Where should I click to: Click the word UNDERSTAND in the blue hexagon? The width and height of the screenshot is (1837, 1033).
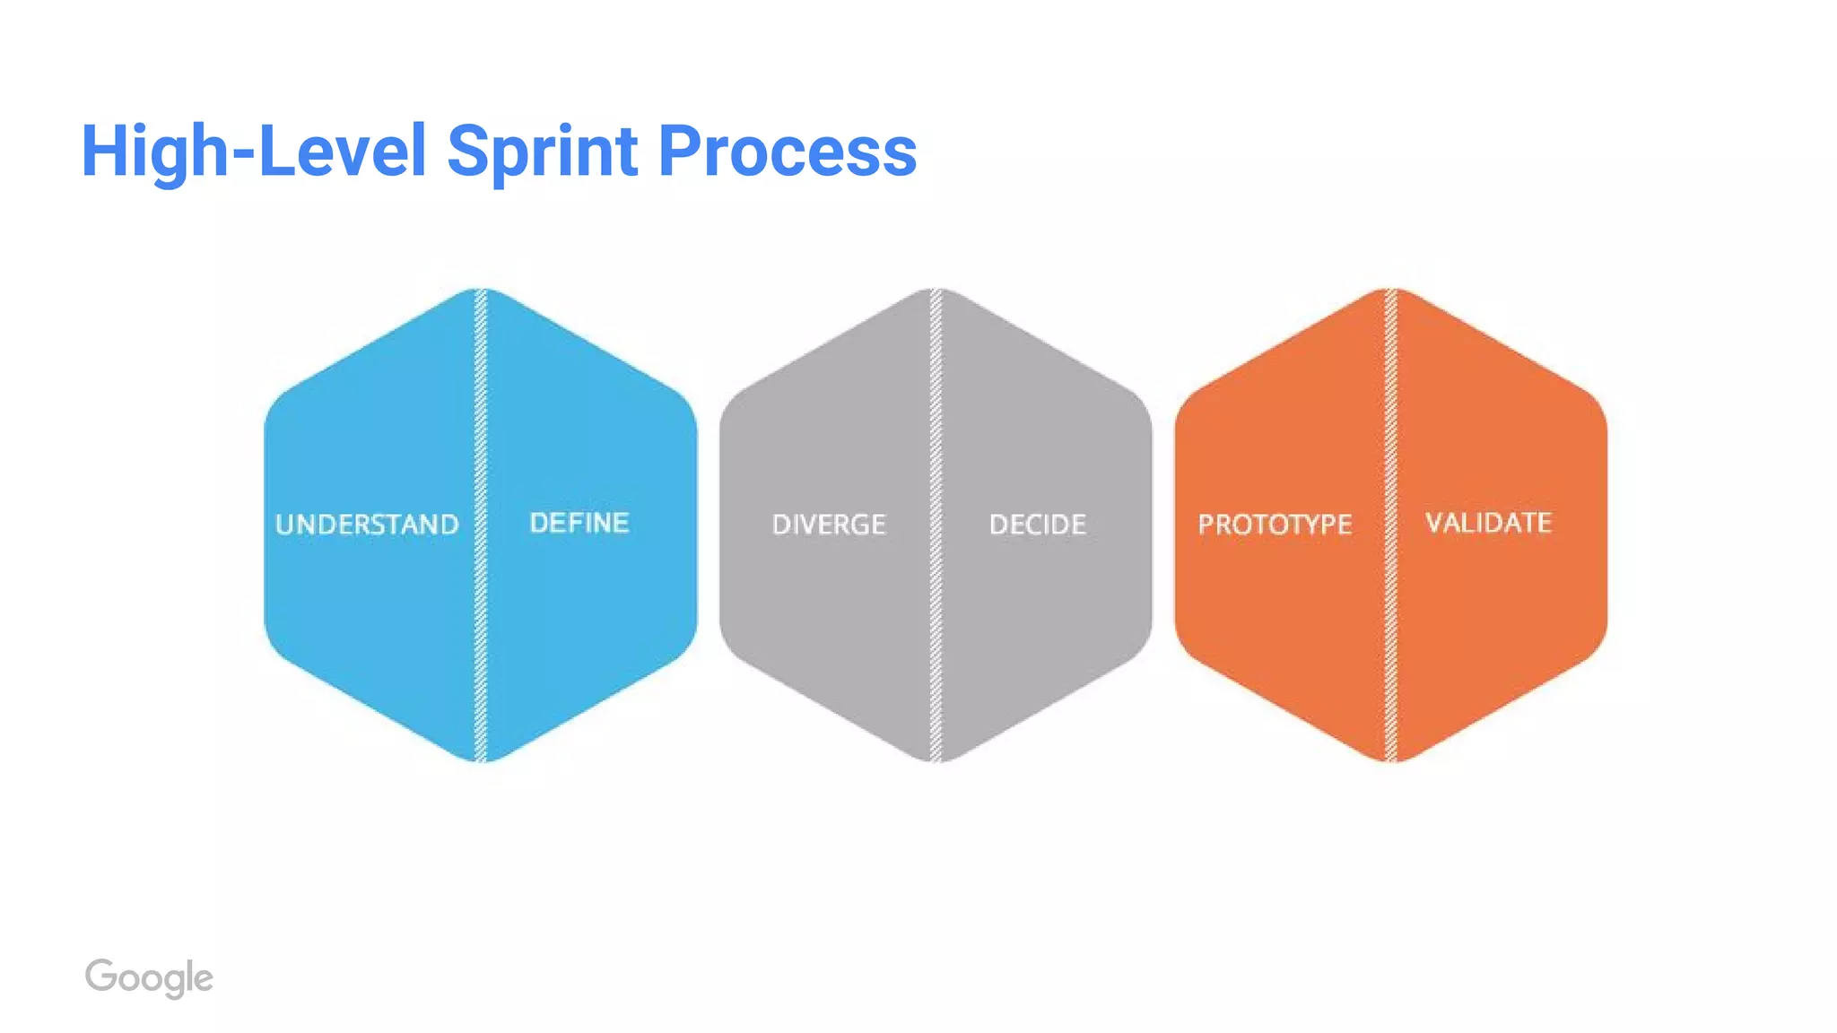pos(367,525)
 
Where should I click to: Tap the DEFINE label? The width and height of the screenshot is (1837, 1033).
pos(579,523)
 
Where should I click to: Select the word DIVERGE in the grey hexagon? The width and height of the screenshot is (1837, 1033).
pos(829,525)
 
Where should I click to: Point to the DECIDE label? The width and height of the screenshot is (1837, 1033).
pos(1038,525)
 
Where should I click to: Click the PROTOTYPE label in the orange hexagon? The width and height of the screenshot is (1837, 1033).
pos(1275,525)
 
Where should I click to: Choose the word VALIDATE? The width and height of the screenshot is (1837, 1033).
pos(1489,523)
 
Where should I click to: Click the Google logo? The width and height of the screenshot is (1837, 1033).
pos(149,977)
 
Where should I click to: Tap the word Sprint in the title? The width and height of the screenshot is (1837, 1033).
pos(542,151)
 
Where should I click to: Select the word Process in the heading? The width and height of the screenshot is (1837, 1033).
pos(788,151)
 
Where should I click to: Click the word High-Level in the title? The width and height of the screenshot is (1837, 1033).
pos(254,151)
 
